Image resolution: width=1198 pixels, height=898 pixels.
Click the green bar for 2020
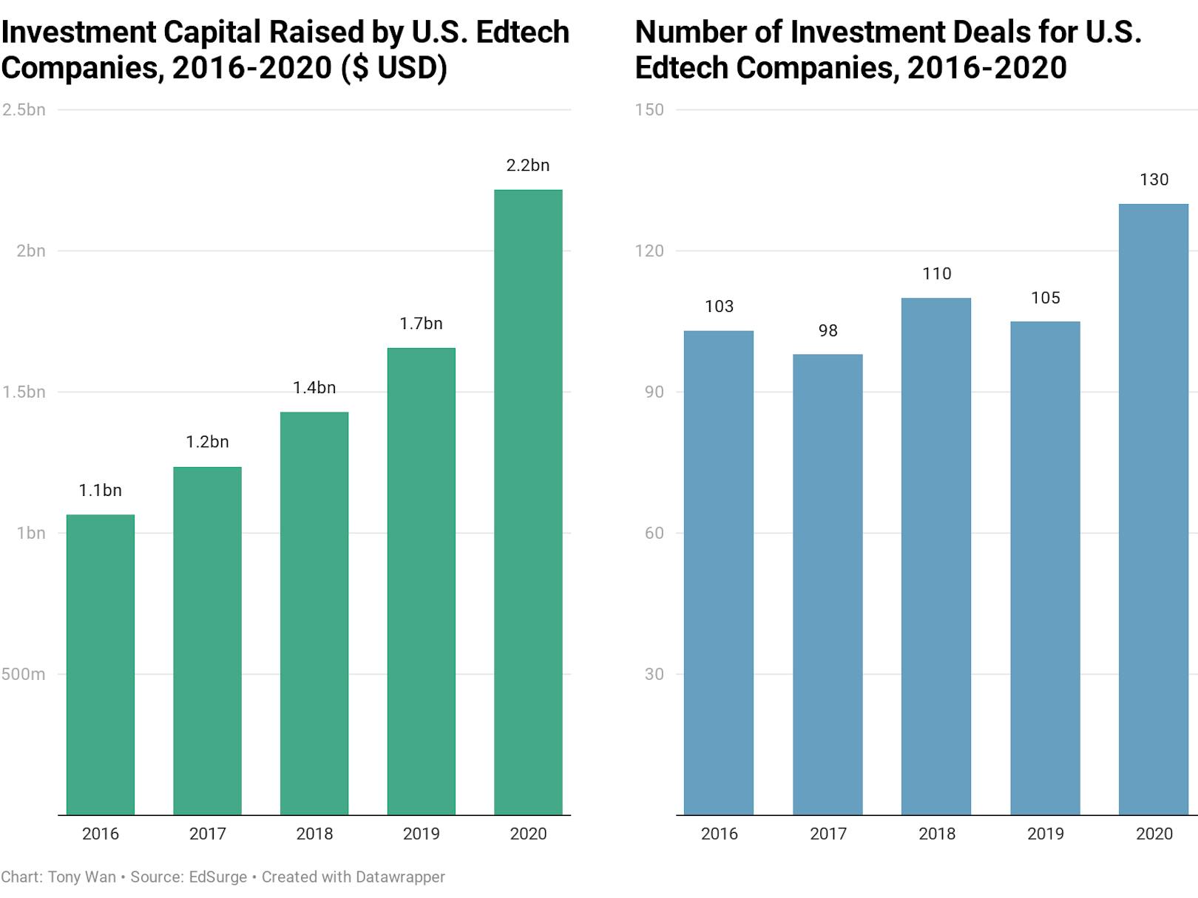click(528, 503)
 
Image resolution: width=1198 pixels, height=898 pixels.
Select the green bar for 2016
click(101, 665)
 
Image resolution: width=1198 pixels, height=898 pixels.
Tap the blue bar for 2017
click(828, 584)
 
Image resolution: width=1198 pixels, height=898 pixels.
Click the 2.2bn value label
click(528, 166)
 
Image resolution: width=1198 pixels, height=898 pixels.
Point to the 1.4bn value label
click(314, 388)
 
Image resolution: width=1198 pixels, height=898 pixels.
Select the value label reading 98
click(828, 331)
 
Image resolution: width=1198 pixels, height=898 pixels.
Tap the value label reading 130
click(1154, 180)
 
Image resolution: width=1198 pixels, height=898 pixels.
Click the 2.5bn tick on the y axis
click(24, 110)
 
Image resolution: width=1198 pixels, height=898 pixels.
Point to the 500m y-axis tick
click(23, 674)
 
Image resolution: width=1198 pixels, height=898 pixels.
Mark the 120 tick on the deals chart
click(649, 251)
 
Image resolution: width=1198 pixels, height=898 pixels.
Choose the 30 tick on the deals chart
click(654, 674)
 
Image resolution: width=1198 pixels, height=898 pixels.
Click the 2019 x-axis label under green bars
click(421, 834)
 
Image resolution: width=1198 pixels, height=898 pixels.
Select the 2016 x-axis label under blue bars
click(719, 834)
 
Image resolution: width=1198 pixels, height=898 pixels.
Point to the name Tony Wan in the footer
click(81, 877)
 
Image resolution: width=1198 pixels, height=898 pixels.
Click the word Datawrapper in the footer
click(399, 877)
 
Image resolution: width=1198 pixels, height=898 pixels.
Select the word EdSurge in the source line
click(217, 877)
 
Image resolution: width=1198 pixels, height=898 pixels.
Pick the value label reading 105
click(1045, 298)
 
